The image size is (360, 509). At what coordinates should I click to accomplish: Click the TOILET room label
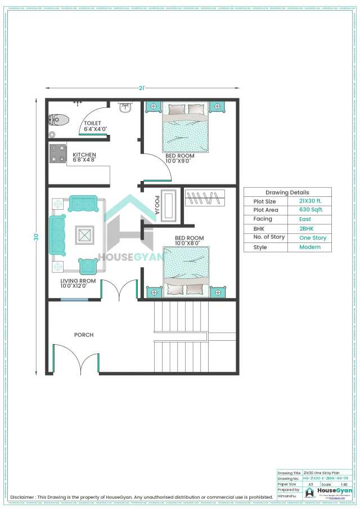92,123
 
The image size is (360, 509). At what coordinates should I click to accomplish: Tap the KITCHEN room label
84,155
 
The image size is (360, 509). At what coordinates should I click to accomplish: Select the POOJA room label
158,205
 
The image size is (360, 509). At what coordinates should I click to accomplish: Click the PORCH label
84,335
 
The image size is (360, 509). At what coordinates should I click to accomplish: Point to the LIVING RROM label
78,280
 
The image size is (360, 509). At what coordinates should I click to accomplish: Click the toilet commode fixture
58,119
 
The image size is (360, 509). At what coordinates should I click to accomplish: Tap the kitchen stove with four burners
58,153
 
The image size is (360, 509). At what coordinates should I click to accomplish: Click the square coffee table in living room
84,235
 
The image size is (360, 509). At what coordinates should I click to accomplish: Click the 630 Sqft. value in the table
311,210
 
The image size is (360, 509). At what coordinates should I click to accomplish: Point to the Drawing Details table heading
287,192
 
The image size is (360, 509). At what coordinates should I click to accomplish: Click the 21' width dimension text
142,88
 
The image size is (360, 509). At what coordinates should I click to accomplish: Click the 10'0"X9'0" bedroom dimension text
178,161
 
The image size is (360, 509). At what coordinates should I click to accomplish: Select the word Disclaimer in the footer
22,497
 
